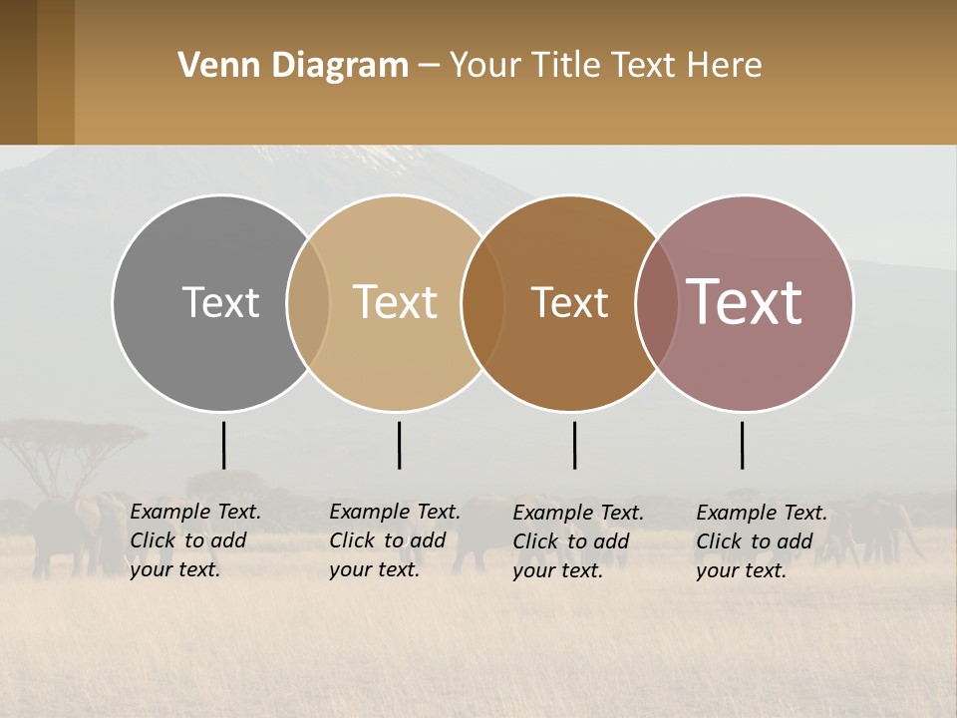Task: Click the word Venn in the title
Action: [210, 66]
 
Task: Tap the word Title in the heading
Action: [564, 66]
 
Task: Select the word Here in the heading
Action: [724, 66]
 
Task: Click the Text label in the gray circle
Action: [220, 302]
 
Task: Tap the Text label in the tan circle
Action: [395, 302]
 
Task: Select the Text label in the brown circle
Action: [569, 302]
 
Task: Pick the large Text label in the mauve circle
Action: [744, 302]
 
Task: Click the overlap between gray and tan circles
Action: [308, 302]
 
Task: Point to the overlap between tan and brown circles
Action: [482, 302]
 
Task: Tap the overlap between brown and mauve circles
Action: [656, 302]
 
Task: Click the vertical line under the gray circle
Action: [223, 445]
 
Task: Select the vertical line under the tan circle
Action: [399, 445]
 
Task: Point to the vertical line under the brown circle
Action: [574, 445]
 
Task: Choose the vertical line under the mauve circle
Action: [742, 445]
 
